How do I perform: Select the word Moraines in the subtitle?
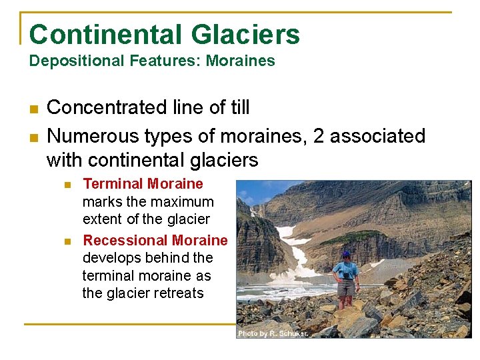(x=240, y=61)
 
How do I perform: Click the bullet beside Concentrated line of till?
(x=33, y=108)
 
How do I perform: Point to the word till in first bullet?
(x=236, y=107)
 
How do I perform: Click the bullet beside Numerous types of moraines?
(x=33, y=137)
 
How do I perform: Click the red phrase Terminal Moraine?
(x=143, y=184)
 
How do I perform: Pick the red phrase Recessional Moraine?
(x=155, y=240)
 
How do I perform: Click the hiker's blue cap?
(x=345, y=254)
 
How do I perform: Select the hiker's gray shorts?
(x=345, y=287)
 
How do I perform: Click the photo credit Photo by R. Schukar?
(x=273, y=333)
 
